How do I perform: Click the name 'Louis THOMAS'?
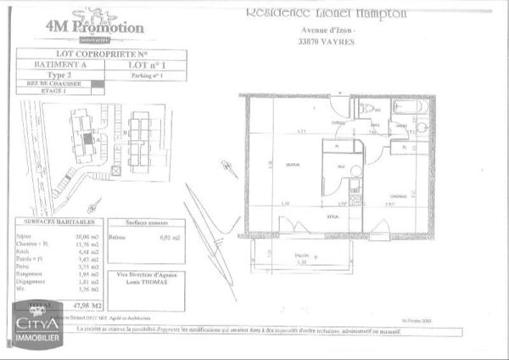[x=149, y=283]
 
